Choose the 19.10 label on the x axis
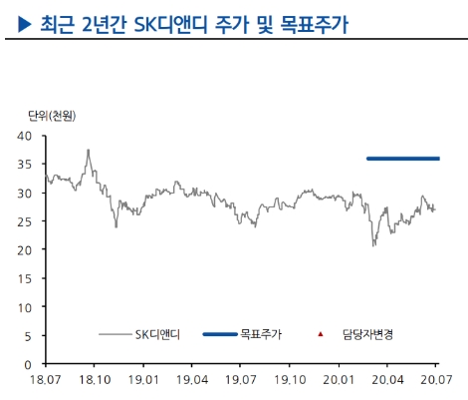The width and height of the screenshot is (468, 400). pos(290,380)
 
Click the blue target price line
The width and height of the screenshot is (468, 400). pos(402,159)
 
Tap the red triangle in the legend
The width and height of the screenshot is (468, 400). pos(321,336)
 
